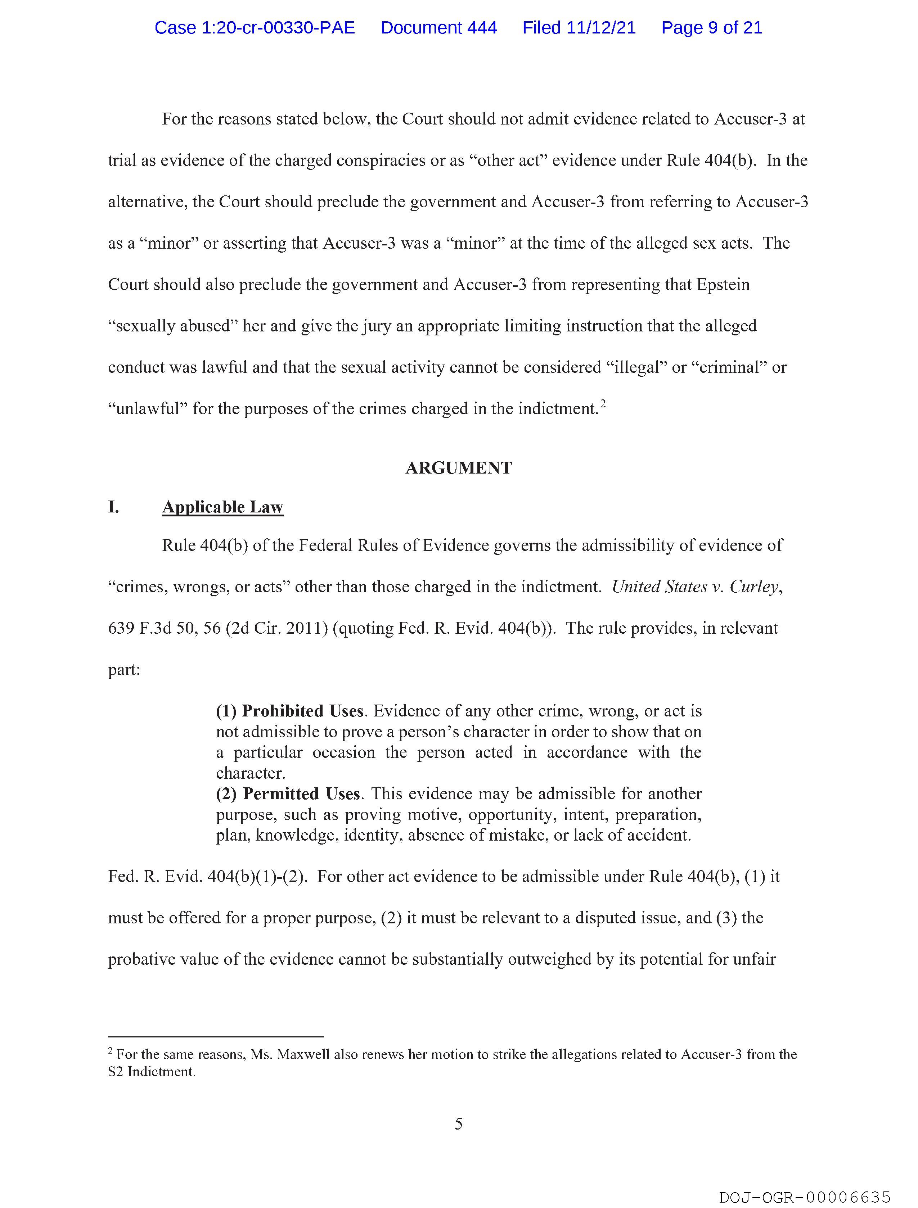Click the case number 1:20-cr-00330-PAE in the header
tap(255, 28)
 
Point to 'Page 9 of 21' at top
tap(711, 28)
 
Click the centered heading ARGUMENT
tap(458, 468)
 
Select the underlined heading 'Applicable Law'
tap(222, 507)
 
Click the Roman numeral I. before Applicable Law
tap(113, 507)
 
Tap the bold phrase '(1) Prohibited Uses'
tap(289, 711)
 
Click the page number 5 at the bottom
tap(458, 1124)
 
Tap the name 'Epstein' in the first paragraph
tap(723, 285)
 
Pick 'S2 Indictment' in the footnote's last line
tap(151, 1072)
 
